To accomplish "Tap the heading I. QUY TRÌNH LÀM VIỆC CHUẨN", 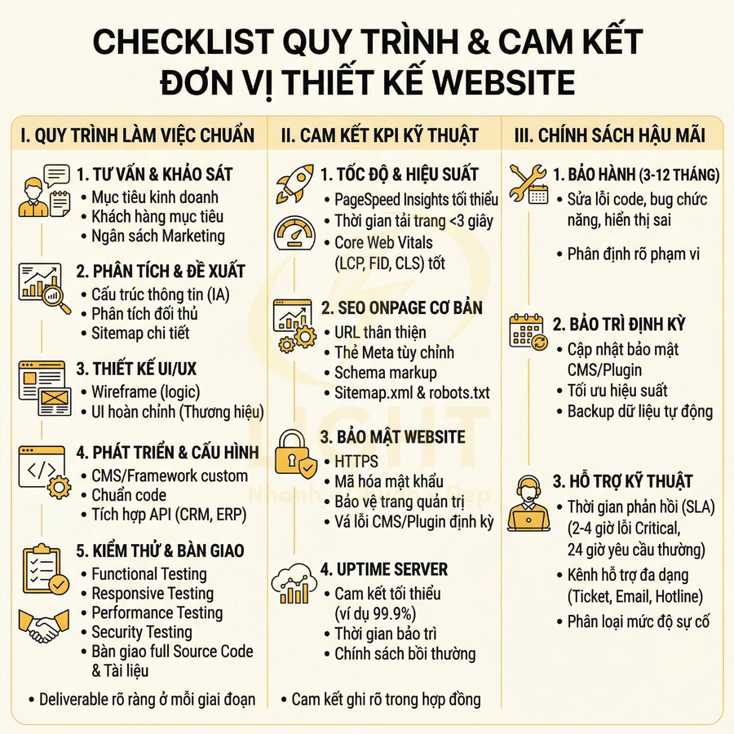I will [138, 135].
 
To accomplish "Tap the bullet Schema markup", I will [387, 373].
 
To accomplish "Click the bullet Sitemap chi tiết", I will [140, 333].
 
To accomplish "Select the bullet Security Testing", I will [142, 632].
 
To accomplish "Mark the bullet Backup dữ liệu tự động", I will [640, 411].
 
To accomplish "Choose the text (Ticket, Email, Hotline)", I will [635, 596].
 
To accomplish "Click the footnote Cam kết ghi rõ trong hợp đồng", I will [387, 699].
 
